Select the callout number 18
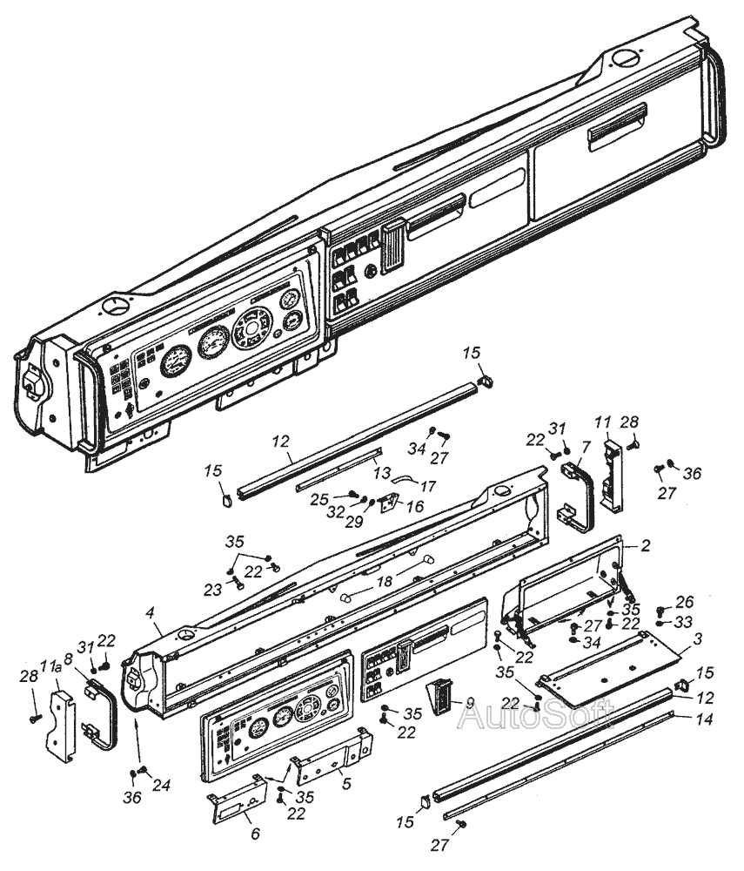[x=385, y=581]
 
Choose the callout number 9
[x=470, y=703]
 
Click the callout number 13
[x=382, y=473]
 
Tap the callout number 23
[x=212, y=590]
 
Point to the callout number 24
[x=162, y=785]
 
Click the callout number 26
[x=685, y=602]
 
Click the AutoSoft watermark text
[x=536, y=715]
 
